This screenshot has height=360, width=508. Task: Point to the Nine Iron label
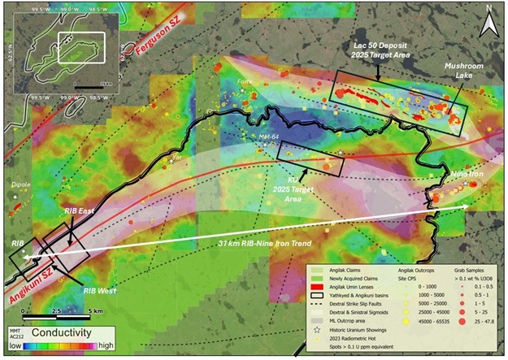[x=464, y=173]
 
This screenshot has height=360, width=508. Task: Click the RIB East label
[x=80, y=210]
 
